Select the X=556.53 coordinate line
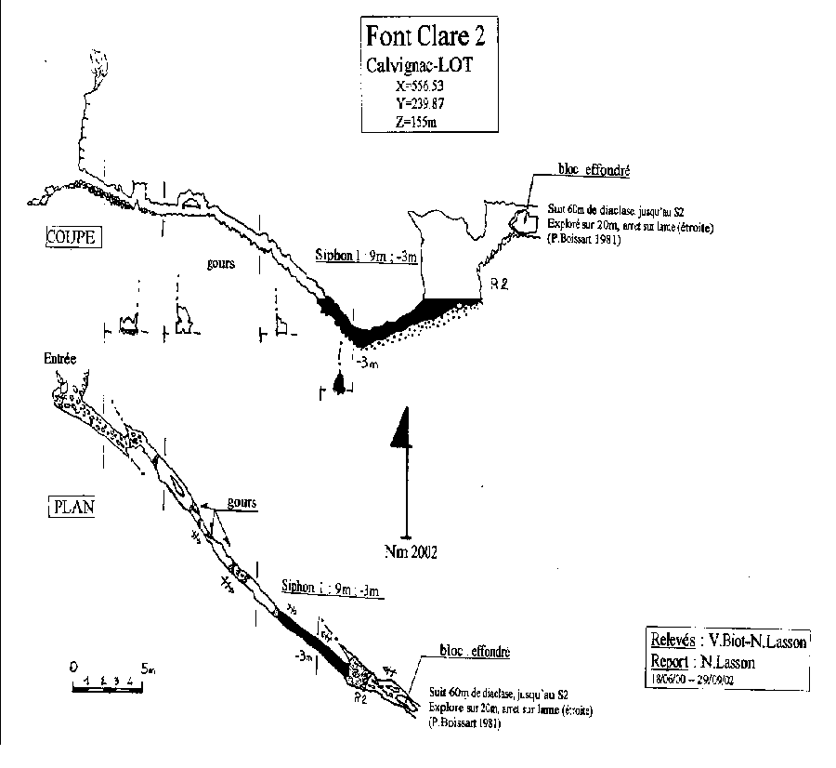[420, 85]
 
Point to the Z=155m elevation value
[416, 121]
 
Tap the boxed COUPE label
[72, 237]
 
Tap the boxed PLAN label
[69, 508]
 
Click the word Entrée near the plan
[59, 358]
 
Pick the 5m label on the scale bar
[149, 669]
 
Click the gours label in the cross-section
[221, 263]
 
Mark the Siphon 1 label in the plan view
[332, 589]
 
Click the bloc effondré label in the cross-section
[594, 171]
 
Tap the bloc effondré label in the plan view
[474, 652]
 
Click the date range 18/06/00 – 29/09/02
[700, 679]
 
